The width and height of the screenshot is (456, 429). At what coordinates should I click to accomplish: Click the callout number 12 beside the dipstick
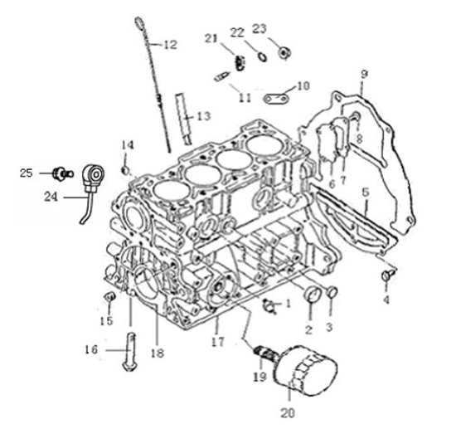pyautogui.click(x=171, y=45)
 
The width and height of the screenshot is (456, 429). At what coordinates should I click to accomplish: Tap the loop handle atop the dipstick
pyautogui.click(x=139, y=22)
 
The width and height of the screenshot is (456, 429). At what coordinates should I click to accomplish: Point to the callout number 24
pyautogui.click(x=51, y=197)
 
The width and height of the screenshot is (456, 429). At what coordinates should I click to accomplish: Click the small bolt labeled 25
pyautogui.click(x=62, y=173)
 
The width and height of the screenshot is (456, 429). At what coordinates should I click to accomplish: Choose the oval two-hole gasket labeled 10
pyautogui.click(x=276, y=99)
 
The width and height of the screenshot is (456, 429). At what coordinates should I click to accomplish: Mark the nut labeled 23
pyautogui.click(x=284, y=53)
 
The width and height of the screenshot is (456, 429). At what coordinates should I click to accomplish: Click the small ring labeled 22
pyautogui.click(x=262, y=56)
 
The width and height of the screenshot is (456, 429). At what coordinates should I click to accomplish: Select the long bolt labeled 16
pyautogui.click(x=130, y=352)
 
